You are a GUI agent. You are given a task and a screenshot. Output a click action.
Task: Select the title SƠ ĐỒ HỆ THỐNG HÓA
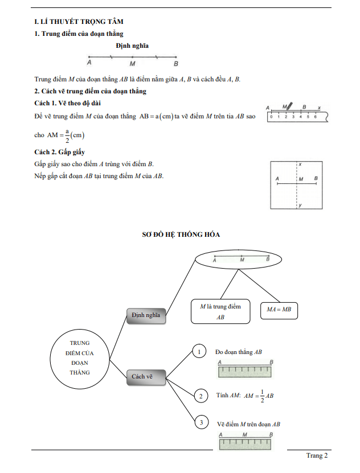[x=181, y=234]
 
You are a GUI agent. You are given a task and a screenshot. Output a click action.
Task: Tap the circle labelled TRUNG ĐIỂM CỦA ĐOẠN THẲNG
[x=80, y=357]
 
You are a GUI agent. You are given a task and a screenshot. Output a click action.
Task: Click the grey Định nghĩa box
[x=145, y=315]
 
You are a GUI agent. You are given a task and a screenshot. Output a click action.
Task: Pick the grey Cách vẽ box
[x=145, y=376]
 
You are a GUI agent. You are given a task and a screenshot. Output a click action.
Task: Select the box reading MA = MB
[x=279, y=310]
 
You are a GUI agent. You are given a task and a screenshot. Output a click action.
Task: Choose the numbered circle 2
[x=201, y=396]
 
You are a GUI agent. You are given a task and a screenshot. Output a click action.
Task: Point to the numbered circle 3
[x=201, y=422]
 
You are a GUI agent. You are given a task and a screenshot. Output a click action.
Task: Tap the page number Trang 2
[x=317, y=455]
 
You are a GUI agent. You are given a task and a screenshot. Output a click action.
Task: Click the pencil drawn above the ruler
[x=289, y=106]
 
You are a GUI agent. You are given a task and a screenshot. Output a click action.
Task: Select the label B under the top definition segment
[x=176, y=64]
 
